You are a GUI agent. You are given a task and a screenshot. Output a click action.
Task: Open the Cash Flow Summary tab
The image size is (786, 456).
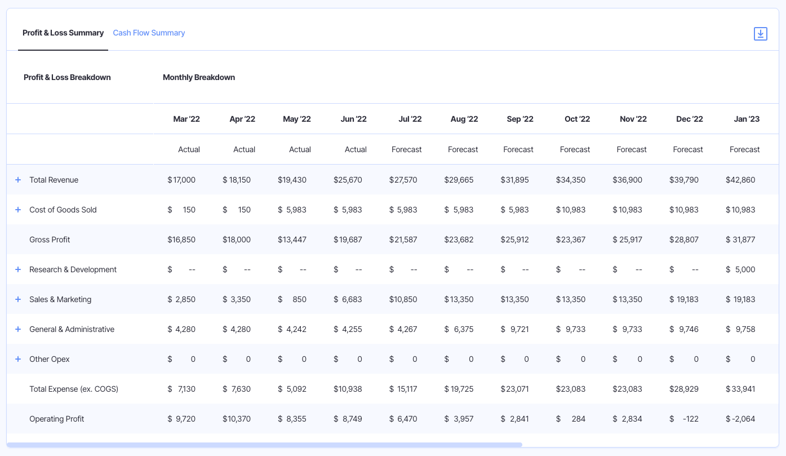(149, 33)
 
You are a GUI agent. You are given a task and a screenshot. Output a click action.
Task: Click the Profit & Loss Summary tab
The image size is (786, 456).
(63, 33)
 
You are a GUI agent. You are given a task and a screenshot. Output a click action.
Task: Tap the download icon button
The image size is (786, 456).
(760, 34)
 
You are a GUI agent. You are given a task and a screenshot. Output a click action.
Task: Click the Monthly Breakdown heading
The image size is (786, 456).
(199, 77)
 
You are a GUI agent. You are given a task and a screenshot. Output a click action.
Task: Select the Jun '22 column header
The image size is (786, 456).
(353, 119)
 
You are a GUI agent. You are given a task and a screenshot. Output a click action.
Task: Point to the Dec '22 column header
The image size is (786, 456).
(689, 119)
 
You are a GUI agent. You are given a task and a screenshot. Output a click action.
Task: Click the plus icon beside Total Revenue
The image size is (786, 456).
(18, 180)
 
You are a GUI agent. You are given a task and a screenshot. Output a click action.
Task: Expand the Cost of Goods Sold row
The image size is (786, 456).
(18, 210)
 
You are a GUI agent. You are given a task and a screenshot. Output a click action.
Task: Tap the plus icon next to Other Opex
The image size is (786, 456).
(18, 359)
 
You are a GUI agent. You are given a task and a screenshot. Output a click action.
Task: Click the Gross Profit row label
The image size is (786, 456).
(50, 240)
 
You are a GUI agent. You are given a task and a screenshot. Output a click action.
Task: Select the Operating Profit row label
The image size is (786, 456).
(56, 419)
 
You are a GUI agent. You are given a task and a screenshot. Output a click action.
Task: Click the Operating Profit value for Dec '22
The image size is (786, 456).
(684, 419)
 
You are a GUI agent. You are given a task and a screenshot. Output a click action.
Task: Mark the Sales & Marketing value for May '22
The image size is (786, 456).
(292, 299)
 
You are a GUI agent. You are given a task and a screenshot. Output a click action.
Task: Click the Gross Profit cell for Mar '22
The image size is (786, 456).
(181, 240)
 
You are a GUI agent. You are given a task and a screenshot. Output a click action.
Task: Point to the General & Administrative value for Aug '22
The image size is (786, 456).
(459, 329)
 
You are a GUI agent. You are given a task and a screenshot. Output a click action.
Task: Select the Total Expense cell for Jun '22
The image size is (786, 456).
(348, 389)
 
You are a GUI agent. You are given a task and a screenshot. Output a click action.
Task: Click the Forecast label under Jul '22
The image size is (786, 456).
(406, 149)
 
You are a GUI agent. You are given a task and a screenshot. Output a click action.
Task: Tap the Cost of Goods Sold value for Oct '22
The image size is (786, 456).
(571, 210)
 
